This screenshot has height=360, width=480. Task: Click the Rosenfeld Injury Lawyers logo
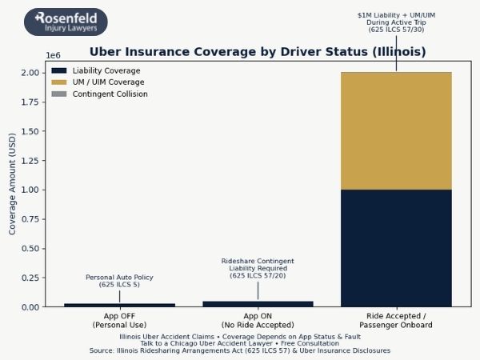pyautogui.click(x=66, y=22)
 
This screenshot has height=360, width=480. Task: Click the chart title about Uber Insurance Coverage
pyautogui.click(x=258, y=52)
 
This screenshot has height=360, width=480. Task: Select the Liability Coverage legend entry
pyautogui.click(x=106, y=70)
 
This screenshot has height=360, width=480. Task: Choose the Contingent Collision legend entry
pyautogui.click(x=110, y=94)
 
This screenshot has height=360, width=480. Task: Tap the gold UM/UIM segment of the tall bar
pyautogui.click(x=396, y=131)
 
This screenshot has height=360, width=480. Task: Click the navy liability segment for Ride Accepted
pyautogui.click(x=396, y=248)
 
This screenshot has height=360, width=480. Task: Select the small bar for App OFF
pyautogui.click(x=119, y=305)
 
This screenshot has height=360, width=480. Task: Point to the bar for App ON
pyautogui.click(x=258, y=304)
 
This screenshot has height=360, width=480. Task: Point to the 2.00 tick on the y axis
pyautogui.click(x=31, y=73)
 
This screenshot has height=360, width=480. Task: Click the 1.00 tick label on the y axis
pyautogui.click(x=31, y=190)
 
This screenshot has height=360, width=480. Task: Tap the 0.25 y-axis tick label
pyautogui.click(x=31, y=278)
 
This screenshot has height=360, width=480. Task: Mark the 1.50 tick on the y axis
pyautogui.click(x=31, y=131)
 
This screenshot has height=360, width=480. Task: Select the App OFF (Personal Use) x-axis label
pyautogui.click(x=119, y=321)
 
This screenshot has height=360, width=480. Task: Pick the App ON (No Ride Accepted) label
pyautogui.click(x=258, y=321)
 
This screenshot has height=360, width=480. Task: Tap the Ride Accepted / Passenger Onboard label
pyautogui.click(x=396, y=321)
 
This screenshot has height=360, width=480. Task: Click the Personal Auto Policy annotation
pyautogui.click(x=119, y=281)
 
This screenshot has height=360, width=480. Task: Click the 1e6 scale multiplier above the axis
pyautogui.click(x=53, y=55)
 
